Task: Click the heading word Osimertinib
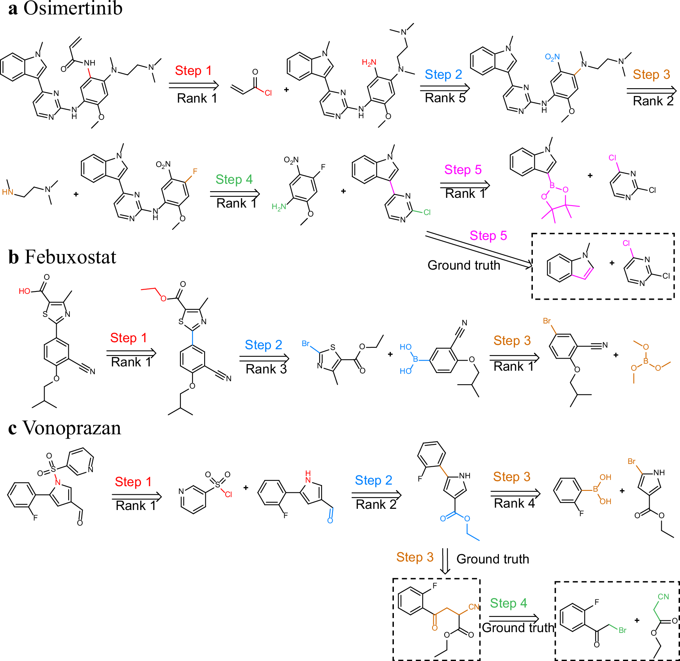click(73, 9)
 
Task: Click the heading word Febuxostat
click(70, 257)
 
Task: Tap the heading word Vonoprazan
click(72, 428)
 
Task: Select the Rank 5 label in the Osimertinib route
click(445, 98)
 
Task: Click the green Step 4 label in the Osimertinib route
click(234, 179)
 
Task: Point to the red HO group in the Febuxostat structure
click(24, 291)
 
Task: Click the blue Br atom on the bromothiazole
click(306, 344)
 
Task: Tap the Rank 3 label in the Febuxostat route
click(266, 369)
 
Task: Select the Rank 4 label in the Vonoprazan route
click(514, 503)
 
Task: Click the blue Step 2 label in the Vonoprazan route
click(373, 480)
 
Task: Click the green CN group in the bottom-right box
click(663, 597)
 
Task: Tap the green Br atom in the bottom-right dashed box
click(622, 630)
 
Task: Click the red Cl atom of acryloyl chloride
click(268, 93)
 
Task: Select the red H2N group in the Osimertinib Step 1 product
click(368, 63)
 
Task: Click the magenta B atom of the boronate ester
click(552, 186)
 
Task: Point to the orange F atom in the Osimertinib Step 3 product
click(195, 171)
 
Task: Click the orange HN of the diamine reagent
click(7, 192)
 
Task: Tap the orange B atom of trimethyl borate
click(646, 361)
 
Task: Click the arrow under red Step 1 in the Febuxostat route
click(131, 353)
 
